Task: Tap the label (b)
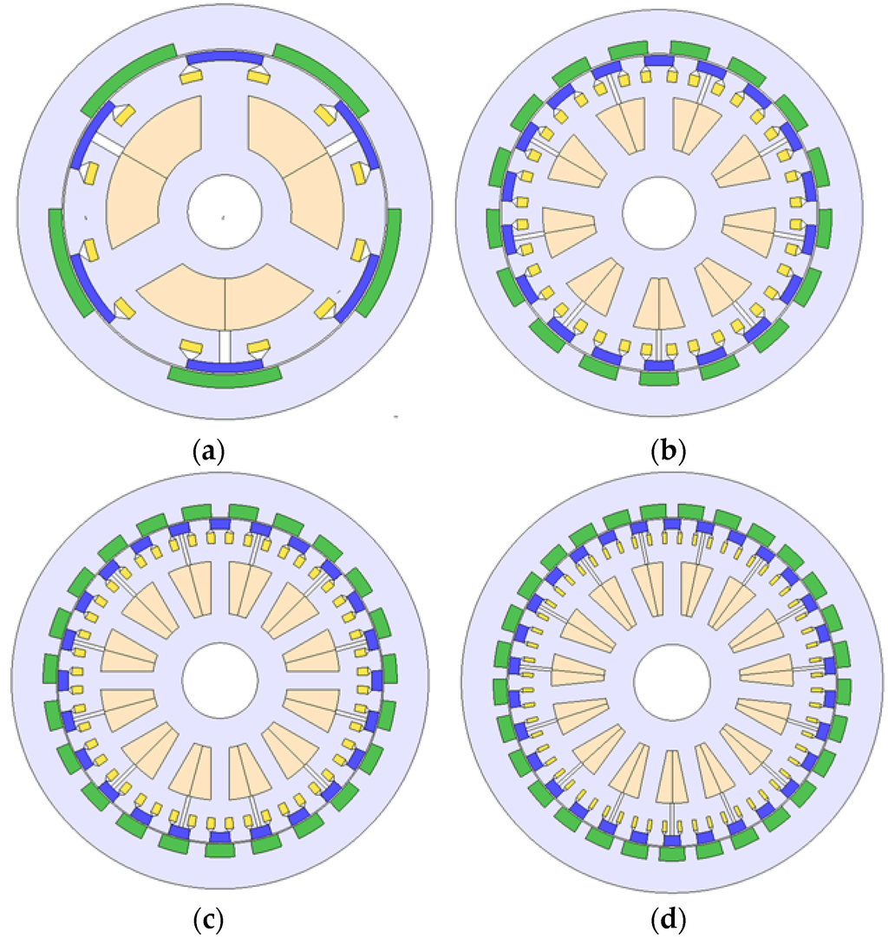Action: click(668, 451)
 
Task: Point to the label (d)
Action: click(668, 916)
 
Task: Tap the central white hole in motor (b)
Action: click(658, 213)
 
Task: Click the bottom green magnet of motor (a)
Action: click(225, 375)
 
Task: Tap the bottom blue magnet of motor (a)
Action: click(225, 364)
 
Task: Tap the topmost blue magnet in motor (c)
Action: click(219, 524)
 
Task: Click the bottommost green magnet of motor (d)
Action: click(669, 852)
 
